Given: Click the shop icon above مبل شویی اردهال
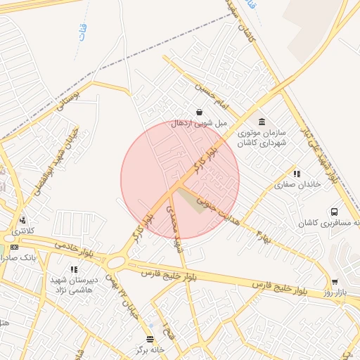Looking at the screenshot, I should pyautogui.click(x=200, y=112).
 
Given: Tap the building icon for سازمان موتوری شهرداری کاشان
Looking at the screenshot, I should pyautogui.click(x=262, y=122).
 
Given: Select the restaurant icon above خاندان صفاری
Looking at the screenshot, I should pyautogui.click(x=296, y=174).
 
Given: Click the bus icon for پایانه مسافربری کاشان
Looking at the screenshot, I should pyautogui.click(x=333, y=212).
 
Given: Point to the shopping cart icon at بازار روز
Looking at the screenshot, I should pyautogui.click(x=334, y=283).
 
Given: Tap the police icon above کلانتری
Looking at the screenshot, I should pyautogui.click(x=22, y=219).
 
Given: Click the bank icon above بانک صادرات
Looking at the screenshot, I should pyautogui.click(x=15, y=247).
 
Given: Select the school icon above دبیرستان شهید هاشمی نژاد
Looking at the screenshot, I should pyautogui.click(x=72, y=269).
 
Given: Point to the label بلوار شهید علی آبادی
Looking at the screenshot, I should pyautogui.click(x=320, y=151).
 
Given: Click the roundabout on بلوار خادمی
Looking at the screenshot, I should pyautogui.click(x=115, y=262).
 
